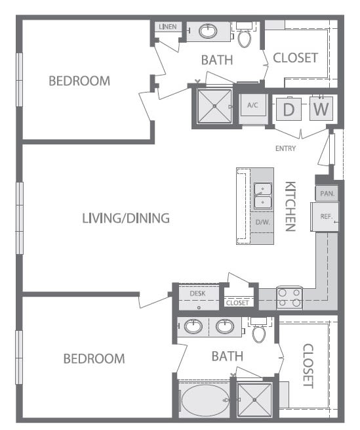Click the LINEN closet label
[167, 26]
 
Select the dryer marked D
[288, 109]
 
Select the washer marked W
[320, 109]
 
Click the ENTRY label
[286, 148]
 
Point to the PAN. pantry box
[326, 194]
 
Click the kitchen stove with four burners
[289, 297]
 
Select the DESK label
[197, 293]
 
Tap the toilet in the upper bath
[245, 36]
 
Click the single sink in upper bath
[209, 30]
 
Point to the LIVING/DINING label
[126, 218]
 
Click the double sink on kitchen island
[262, 196]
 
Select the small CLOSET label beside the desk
[237, 303]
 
